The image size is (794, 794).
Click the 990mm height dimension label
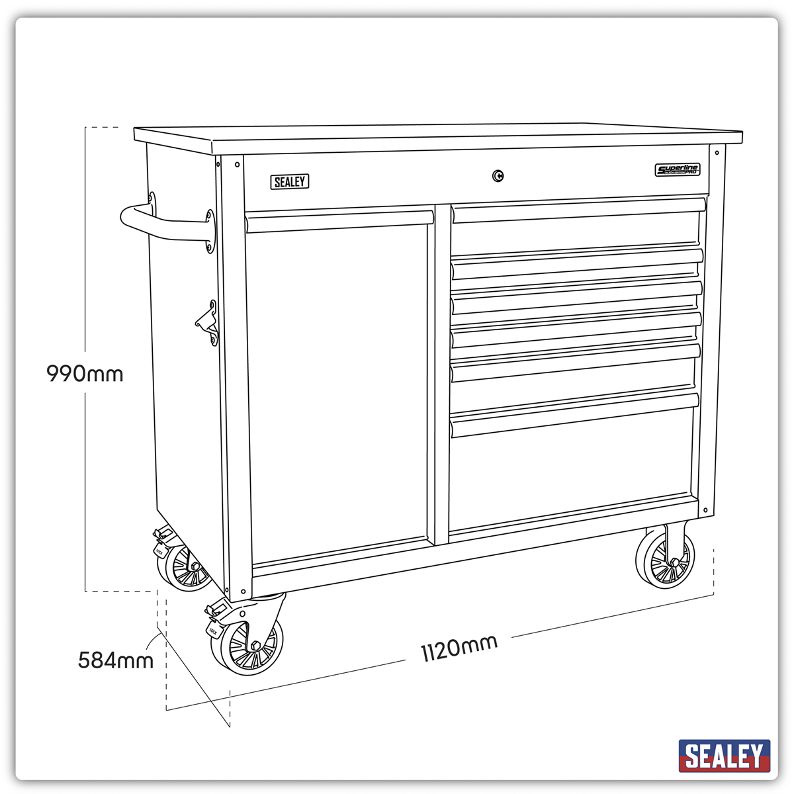point(85,374)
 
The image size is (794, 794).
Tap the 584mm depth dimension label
point(116,660)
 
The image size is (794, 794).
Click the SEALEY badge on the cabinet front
point(290,181)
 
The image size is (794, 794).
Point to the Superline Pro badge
point(678,170)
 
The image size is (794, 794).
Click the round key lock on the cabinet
point(498,175)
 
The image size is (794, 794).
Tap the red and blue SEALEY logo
point(725,756)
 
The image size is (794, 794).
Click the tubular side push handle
point(165,225)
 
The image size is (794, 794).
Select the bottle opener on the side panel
point(208,323)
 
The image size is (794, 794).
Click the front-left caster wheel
point(246,645)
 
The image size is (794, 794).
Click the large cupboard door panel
point(339,390)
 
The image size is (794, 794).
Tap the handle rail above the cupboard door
point(339,222)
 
